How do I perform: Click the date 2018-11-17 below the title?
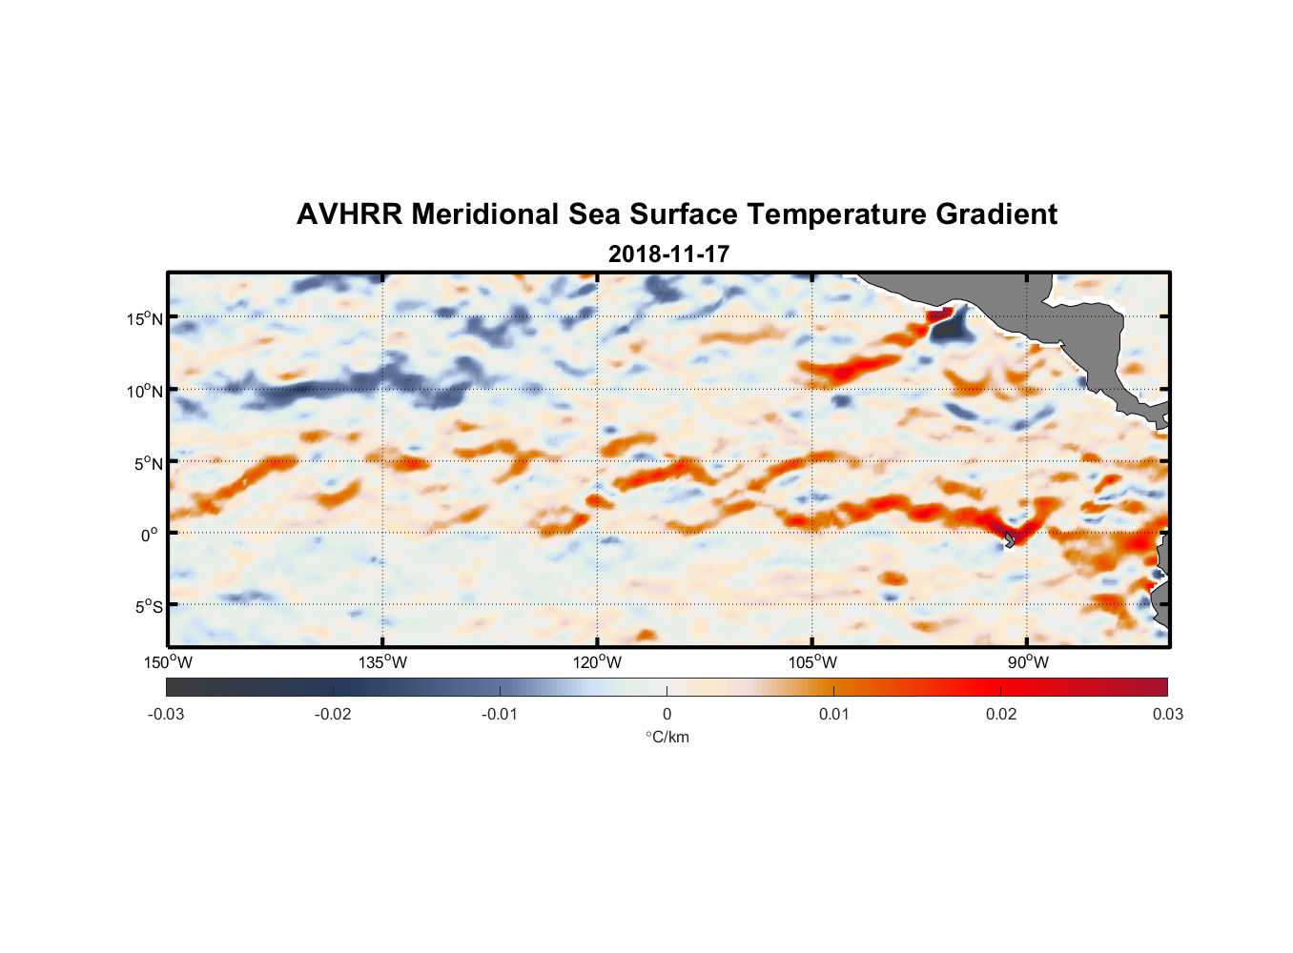pyautogui.click(x=668, y=254)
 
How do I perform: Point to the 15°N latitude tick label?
pyautogui.click(x=145, y=318)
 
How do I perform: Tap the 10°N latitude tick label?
pyautogui.click(x=145, y=391)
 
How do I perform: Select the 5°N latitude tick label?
pyautogui.click(x=149, y=463)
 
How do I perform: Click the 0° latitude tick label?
pyautogui.click(x=150, y=536)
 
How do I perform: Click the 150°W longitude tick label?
pyautogui.click(x=169, y=662)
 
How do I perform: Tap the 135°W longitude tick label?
pyautogui.click(x=383, y=662)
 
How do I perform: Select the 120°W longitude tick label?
pyautogui.click(x=598, y=662)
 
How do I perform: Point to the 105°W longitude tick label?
pyautogui.click(x=812, y=662)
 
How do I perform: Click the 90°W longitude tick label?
pyautogui.click(x=1028, y=662)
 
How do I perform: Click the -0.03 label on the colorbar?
pyautogui.click(x=166, y=715)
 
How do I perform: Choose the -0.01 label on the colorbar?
pyautogui.click(x=500, y=715)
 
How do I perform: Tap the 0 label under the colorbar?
pyautogui.click(x=667, y=715)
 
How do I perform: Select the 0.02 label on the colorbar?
pyautogui.click(x=1001, y=715)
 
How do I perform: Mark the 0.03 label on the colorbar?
pyautogui.click(x=1167, y=715)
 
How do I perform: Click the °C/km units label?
pyautogui.click(x=667, y=737)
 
